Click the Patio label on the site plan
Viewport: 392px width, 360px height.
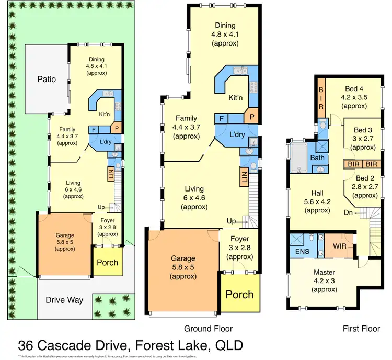pos(47,80)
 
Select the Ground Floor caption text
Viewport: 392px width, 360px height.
pos(208,329)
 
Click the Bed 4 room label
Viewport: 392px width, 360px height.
pos(354,89)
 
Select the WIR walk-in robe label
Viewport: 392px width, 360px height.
pos(340,246)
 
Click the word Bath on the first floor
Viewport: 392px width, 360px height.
pos(317,157)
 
